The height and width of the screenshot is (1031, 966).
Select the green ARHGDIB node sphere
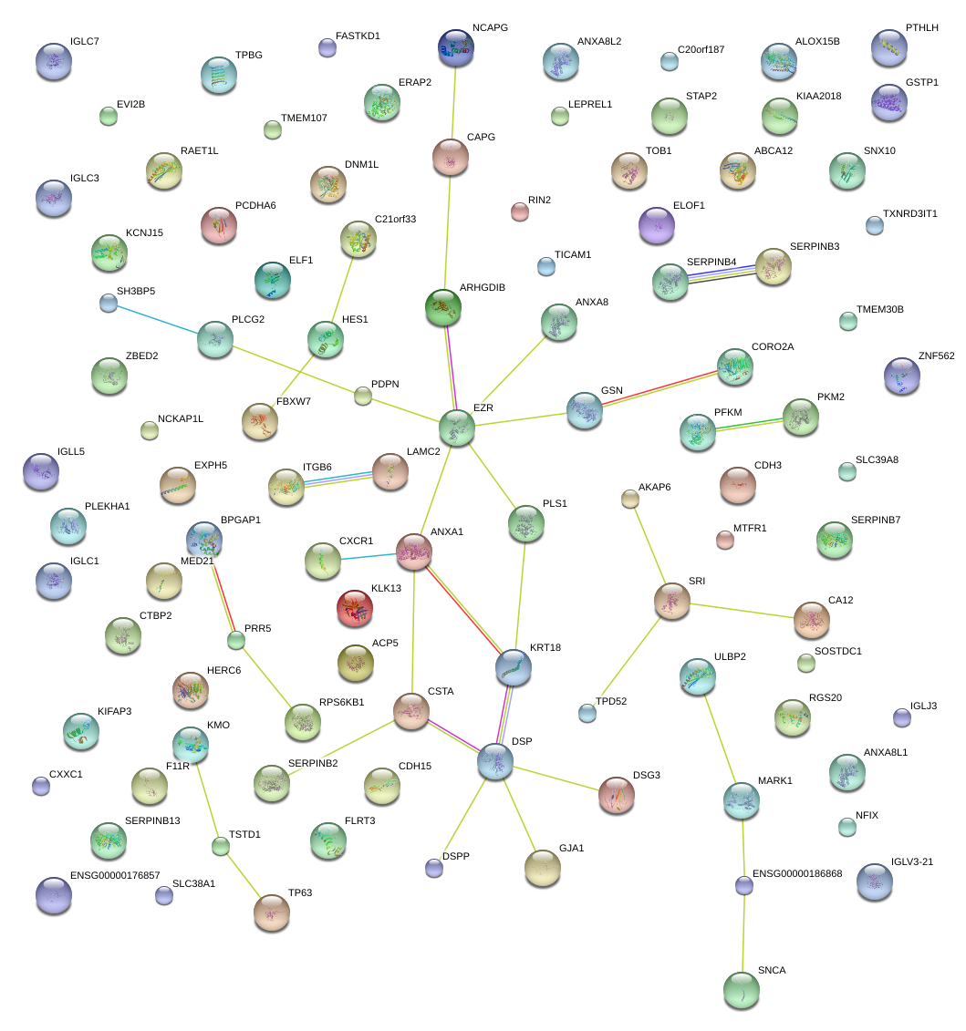pyautogui.click(x=443, y=307)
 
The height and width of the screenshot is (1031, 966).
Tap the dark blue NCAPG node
pyautogui.click(x=456, y=48)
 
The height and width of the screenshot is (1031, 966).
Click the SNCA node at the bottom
pyautogui.click(x=741, y=990)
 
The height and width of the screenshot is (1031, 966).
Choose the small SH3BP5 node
pyautogui.click(x=109, y=304)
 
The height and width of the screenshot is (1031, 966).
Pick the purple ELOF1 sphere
pyautogui.click(x=656, y=225)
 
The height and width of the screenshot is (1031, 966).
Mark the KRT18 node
pyautogui.click(x=514, y=667)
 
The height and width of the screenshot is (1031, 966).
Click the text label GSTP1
pyautogui.click(x=922, y=82)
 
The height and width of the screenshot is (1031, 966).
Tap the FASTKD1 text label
pyautogui.click(x=358, y=36)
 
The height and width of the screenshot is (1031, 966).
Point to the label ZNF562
pyautogui.click(x=936, y=356)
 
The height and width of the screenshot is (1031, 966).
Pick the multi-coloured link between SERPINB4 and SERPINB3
pyautogui.click(x=722, y=273)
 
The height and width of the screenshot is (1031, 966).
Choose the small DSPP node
pyautogui.click(x=434, y=868)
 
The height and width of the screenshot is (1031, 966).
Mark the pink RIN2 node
pyautogui.click(x=520, y=212)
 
